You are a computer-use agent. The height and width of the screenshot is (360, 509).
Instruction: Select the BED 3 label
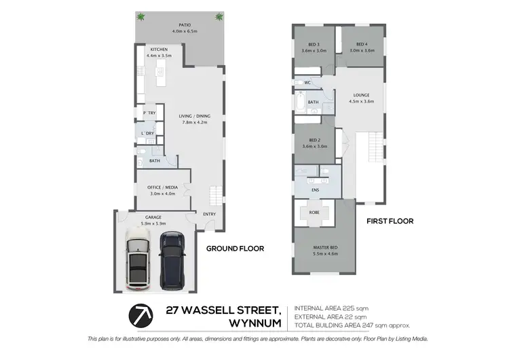tap(314, 44)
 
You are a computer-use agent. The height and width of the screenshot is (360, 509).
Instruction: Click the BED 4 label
tap(361, 44)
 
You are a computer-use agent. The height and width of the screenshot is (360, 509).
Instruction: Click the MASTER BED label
tap(325, 247)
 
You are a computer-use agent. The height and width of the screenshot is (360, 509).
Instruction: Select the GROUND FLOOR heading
tap(235, 249)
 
